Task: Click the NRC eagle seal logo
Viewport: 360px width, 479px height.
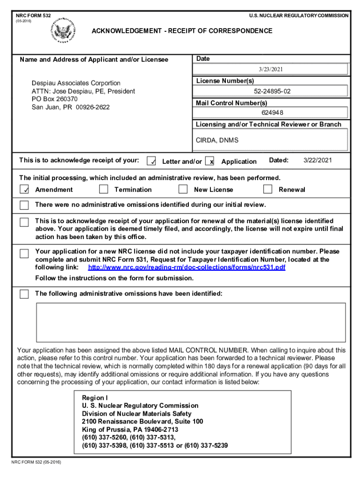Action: click(x=64, y=31)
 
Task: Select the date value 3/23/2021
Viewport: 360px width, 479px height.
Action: click(x=271, y=69)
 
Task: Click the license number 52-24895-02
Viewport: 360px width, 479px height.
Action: click(x=272, y=91)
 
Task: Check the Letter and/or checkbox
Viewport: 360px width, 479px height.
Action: click(x=151, y=161)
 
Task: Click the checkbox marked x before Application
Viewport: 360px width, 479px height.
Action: click(x=210, y=161)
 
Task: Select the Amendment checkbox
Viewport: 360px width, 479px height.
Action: click(x=24, y=189)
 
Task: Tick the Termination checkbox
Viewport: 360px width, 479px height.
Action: click(x=104, y=189)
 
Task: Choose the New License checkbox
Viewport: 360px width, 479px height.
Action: click(x=183, y=189)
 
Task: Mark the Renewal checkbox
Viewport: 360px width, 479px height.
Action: click(x=267, y=189)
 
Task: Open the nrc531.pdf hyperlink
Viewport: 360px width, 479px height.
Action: click(x=187, y=268)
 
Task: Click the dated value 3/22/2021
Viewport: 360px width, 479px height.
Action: click(x=317, y=160)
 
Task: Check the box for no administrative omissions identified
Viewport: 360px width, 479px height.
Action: click(x=24, y=205)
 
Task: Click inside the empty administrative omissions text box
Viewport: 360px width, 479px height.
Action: click(x=191, y=322)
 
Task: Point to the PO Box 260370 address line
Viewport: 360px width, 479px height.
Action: click(x=55, y=99)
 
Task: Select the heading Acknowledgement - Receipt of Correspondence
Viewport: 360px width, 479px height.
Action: click(x=182, y=31)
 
